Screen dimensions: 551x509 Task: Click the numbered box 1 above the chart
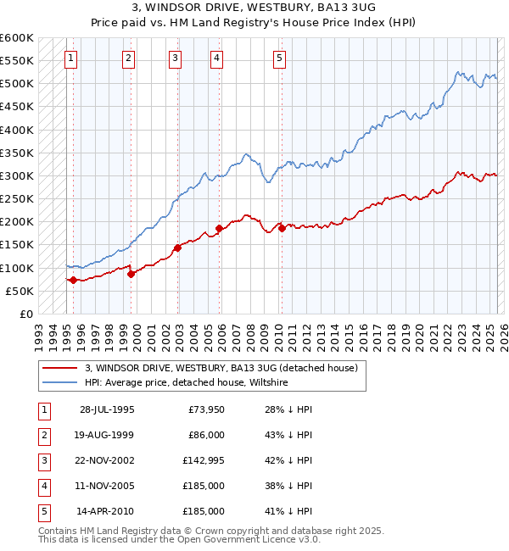point(70,58)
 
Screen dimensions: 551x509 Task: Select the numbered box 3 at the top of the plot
point(174,58)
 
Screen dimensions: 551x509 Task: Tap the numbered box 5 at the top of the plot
point(279,58)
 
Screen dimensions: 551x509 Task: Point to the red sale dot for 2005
point(219,228)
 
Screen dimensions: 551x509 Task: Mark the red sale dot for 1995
point(74,280)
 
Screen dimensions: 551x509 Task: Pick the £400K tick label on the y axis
point(16,130)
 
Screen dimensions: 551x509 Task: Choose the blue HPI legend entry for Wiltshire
point(187,382)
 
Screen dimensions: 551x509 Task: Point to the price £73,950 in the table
point(206,409)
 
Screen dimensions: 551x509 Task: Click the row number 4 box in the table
point(43,486)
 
